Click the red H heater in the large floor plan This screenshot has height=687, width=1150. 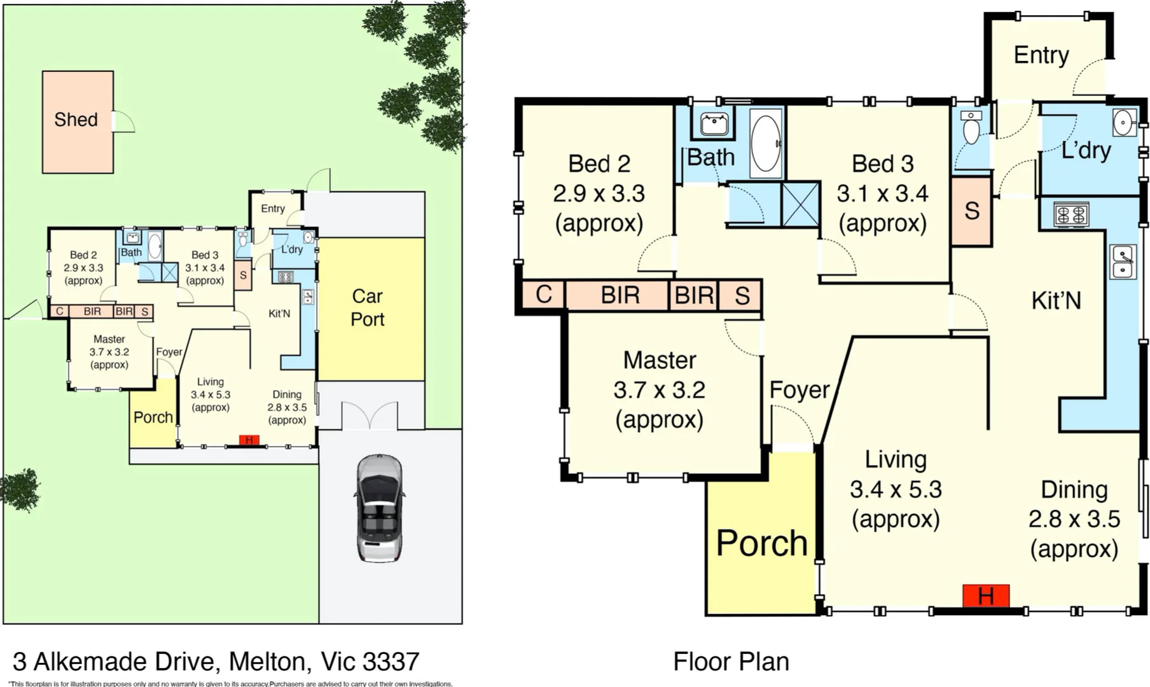tap(985, 596)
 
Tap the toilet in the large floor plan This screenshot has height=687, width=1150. tap(971, 128)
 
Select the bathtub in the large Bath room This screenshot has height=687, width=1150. tap(766, 143)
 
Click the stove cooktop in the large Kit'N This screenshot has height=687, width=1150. tap(1071, 214)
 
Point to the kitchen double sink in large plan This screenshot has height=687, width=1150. tap(1123, 261)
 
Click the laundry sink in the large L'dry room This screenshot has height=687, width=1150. tap(1124, 122)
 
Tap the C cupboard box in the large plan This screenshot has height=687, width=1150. tap(543, 295)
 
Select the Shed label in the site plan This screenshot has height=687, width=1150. tap(76, 120)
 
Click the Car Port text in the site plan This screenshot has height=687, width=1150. tap(368, 307)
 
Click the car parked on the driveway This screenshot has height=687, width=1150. tap(379, 508)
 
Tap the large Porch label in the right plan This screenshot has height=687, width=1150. tap(761, 543)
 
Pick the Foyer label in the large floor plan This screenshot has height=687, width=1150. tap(799, 390)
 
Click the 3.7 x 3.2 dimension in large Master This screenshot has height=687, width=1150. tap(659, 390)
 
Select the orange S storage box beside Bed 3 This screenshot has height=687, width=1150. tap(971, 211)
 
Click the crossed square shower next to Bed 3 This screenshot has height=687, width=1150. tap(800, 204)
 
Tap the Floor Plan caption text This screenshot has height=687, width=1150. tap(731, 662)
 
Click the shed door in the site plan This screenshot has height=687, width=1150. tap(123, 121)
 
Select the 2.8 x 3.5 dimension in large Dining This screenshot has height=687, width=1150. tap(1074, 519)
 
